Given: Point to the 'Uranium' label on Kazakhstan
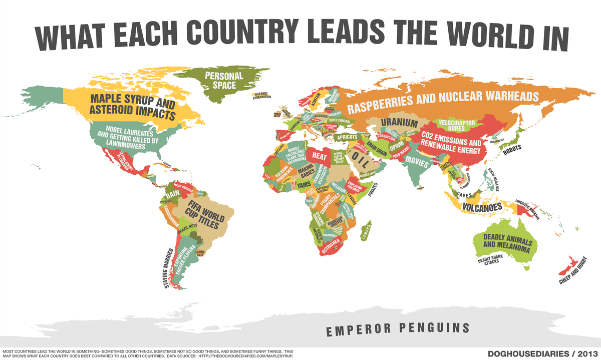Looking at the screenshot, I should [x=399, y=123].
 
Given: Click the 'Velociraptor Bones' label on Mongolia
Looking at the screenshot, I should [x=456, y=125].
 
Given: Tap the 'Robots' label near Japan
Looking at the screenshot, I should [x=512, y=149].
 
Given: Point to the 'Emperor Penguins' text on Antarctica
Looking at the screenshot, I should [x=398, y=329].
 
